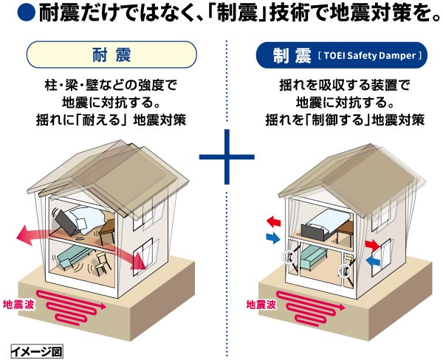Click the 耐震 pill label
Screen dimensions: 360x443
point(111,55)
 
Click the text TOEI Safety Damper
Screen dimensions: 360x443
point(368,55)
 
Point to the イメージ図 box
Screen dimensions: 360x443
point(36,350)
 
